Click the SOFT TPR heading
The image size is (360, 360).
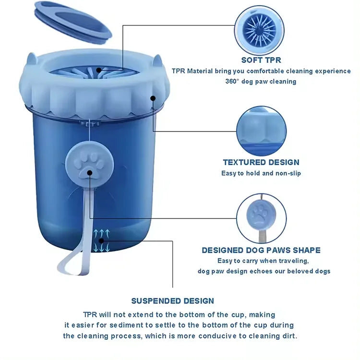[261, 60]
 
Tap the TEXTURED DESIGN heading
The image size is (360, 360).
[261, 162]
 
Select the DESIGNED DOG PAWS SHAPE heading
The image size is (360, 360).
[261, 250]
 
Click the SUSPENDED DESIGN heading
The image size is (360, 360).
[173, 301]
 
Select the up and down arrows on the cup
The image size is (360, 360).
[101, 240]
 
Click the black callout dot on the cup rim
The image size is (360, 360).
[153, 98]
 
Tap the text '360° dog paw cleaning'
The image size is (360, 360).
[261, 81]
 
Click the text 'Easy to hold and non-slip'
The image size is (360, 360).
[261, 173]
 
